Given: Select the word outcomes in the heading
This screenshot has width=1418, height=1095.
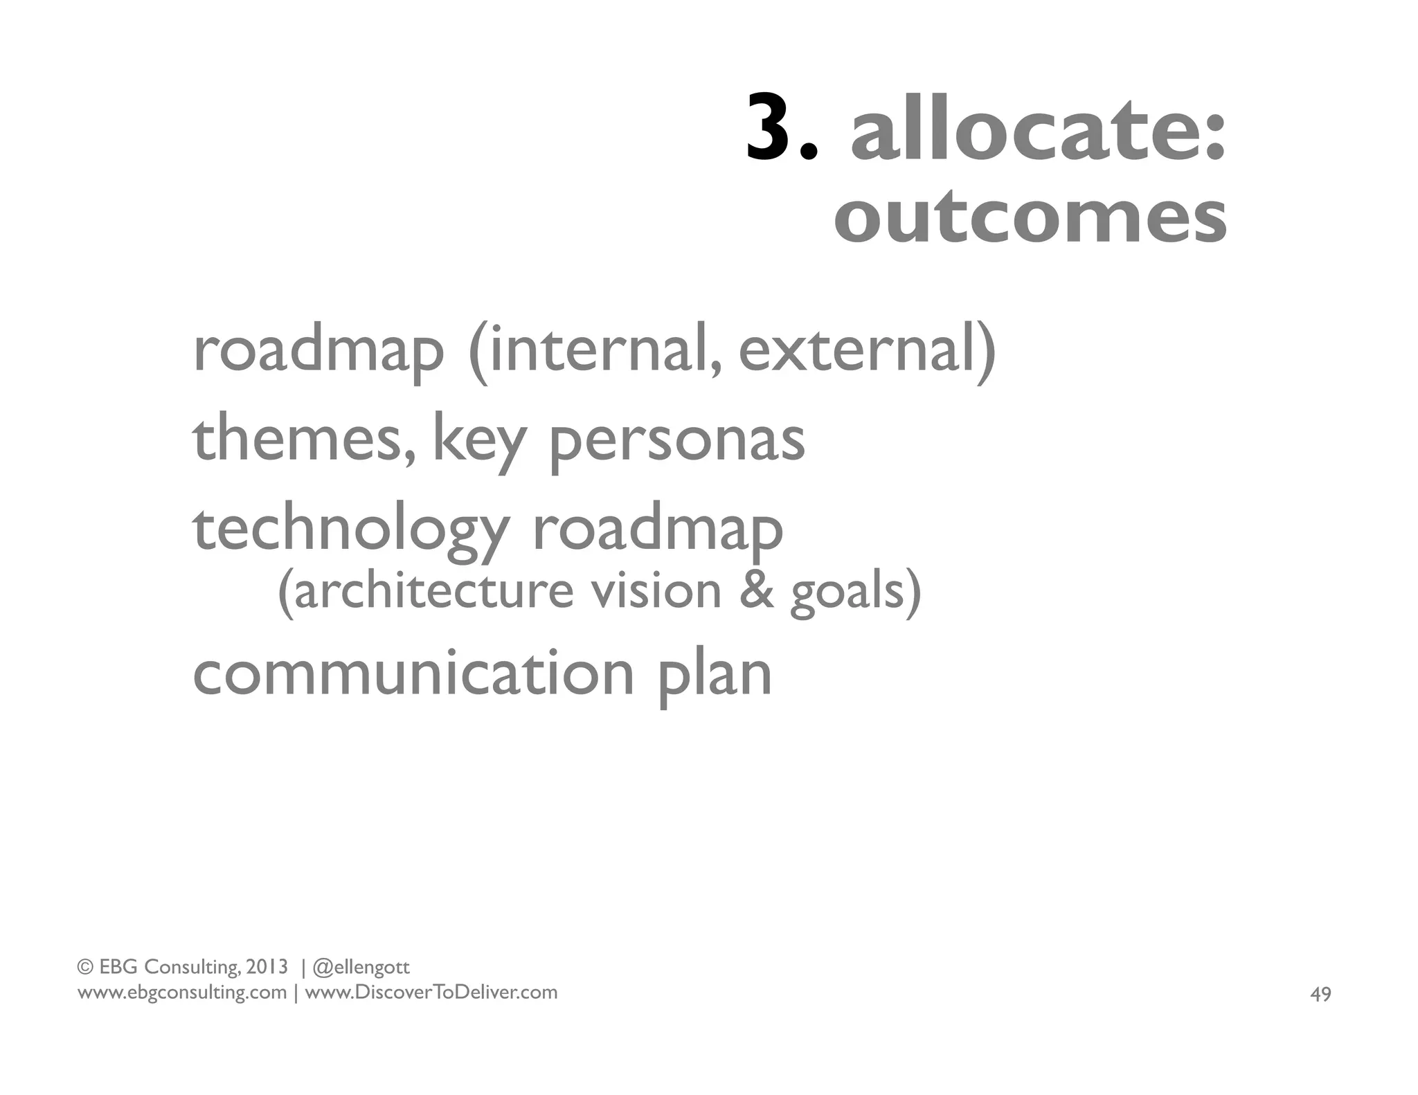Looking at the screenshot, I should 1030,216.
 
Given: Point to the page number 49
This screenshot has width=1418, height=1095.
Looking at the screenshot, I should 1320,995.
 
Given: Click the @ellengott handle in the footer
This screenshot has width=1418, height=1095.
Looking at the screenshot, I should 361,967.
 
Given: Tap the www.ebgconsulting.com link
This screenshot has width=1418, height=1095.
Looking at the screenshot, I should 181,993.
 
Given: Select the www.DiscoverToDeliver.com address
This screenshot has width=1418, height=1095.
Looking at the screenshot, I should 431,993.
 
